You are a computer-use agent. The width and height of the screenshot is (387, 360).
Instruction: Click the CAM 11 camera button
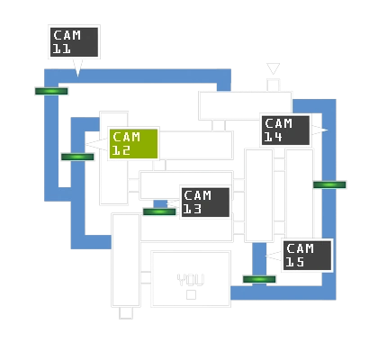(x=74, y=42)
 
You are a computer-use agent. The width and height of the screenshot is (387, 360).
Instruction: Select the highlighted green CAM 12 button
(x=133, y=144)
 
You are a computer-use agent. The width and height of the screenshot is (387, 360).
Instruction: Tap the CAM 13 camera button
(x=205, y=202)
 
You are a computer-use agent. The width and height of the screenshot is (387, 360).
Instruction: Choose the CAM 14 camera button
(x=285, y=130)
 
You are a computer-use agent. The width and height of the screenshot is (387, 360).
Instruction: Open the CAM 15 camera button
(x=307, y=255)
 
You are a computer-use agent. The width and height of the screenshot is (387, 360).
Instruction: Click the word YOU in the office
(x=191, y=280)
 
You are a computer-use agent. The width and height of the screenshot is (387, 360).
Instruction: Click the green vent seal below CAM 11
(x=50, y=91)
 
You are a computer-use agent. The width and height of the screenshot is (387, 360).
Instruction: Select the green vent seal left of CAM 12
(x=77, y=157)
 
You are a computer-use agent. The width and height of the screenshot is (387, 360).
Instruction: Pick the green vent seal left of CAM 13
(x=159, y=212)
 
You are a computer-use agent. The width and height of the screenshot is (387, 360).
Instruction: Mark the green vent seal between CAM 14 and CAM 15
(x=329, y=184)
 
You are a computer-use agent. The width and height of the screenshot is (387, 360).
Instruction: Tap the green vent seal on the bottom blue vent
(x=259, y=279)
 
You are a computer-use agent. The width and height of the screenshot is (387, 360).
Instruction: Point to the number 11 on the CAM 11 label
(x=62, y=49)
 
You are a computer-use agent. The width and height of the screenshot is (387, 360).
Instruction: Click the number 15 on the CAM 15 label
(x=295, y=262)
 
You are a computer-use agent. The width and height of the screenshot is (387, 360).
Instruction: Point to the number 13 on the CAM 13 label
(x=193, y=209)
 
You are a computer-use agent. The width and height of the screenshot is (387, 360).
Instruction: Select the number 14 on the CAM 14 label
(x=274, y=137)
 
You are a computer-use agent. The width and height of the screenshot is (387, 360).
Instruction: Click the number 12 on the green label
(x=121, y=151)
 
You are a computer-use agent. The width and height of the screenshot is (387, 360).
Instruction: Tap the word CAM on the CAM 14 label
(x=279, y=123)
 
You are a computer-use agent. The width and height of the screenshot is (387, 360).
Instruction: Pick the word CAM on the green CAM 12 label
(x=127, y=138)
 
